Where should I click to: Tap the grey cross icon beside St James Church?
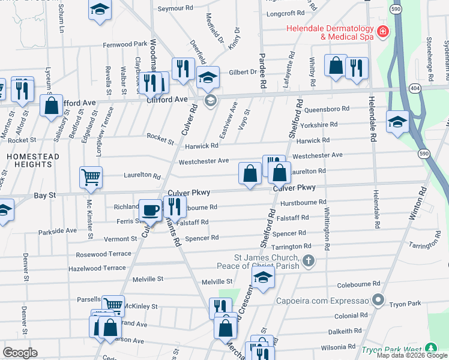(x=308, y=260)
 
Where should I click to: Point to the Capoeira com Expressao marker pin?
(x=378, y=299)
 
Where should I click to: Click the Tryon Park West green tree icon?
(x=430, y=348)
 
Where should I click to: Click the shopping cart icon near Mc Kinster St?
(x=90, y=177)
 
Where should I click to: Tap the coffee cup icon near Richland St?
(x=150, y=210)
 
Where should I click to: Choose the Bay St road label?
(x=44, y=196)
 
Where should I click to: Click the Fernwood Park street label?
(x=125, y=44)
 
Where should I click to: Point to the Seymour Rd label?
(x=175, y=9)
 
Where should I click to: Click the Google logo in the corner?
(x=20, y=353)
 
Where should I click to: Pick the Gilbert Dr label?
(x=243, y=72)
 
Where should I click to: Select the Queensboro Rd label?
(x=327, y=109)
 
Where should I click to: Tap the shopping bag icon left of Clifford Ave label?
(x=52, y=105)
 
